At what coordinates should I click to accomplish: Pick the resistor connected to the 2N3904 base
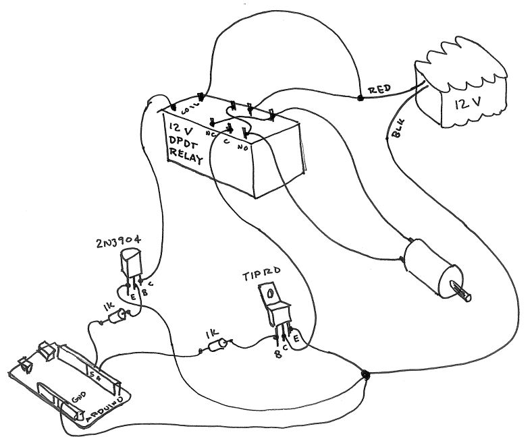[x=119, y=316]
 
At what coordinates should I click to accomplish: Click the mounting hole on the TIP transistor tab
[x=269, y=294]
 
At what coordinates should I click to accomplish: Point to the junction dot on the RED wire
[x=360, y=98]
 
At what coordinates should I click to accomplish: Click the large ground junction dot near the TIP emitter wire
[x=365, y=374]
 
